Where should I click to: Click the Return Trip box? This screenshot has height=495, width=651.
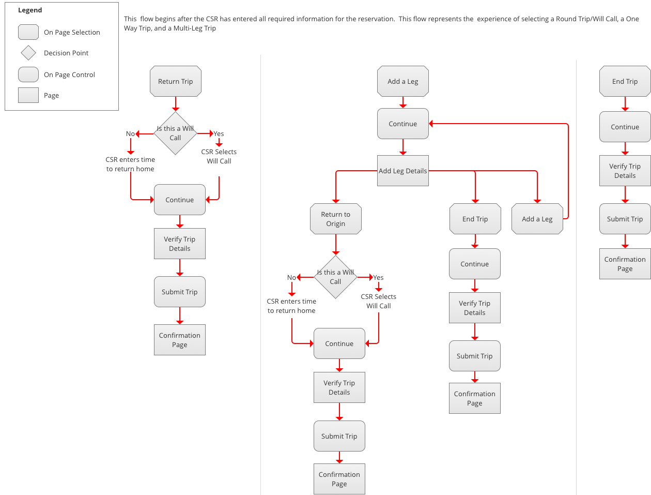(175, 81)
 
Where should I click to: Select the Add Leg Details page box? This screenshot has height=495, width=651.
(402, 171)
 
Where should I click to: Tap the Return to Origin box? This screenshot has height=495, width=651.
(335, 219)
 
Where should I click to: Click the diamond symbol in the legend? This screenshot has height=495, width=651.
(28, 53)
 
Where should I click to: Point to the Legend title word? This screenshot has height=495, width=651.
(30, 10)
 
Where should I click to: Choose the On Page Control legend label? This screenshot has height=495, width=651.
(69, 74)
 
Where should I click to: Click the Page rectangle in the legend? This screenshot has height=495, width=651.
(28, 95)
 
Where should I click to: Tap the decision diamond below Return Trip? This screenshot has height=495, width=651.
(175, 133)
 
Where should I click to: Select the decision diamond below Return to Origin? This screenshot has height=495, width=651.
(335, 277)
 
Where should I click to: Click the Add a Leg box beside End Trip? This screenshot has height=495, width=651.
(537, 219)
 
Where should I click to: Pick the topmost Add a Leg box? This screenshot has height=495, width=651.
(402, 81)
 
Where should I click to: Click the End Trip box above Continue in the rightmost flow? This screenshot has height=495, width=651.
(625, 81)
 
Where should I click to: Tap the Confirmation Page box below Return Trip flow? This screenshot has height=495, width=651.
(179, 339)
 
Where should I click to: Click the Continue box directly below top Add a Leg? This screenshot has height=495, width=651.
(402, 124)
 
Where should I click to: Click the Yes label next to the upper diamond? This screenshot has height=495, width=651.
(219, 133)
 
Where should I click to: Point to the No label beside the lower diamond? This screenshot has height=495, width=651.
(291, 277)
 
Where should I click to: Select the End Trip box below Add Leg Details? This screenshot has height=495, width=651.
(475, 219)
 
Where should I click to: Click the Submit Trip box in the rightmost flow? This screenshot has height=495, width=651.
(625, 219)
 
